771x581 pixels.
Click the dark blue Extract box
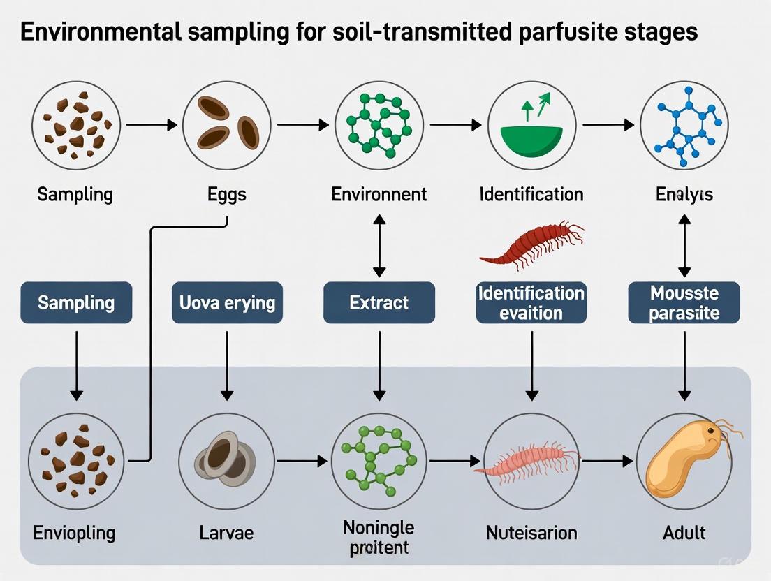(379, 302)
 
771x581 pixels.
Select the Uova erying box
(227, 302)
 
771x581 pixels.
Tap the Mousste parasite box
(684, 302)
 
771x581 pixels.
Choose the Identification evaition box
(531, 302)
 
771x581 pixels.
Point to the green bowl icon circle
(531, 126)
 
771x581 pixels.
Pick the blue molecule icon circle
(684, 126)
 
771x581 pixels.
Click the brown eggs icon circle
(227, 126)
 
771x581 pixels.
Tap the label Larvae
(226, 534)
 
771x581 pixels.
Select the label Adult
(684, 534)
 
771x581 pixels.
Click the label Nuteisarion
(531, 534)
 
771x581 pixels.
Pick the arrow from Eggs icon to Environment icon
(302, 126)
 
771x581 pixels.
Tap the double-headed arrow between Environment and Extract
(379, 246)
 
